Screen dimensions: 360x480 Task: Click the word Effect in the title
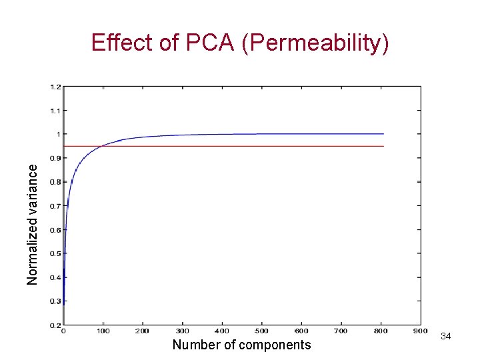pos(115,43)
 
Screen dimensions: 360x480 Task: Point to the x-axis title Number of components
pos(241,345)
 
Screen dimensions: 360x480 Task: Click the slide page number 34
pos(446,336)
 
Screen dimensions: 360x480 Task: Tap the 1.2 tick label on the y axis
pos(55,87)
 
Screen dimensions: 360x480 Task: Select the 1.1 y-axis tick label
pos(55,111)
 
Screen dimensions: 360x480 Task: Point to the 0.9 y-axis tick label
pos(55,158)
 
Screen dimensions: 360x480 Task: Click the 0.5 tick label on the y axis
pos(55,253)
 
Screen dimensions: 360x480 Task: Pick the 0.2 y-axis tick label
pos(55,325)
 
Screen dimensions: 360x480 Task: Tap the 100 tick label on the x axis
pos(103,331)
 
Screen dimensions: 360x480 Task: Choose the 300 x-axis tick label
pos(183,331)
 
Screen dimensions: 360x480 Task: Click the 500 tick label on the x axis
pos(262,331)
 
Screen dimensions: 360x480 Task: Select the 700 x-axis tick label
pos(341,331)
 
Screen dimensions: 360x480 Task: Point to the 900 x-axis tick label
pos(420,331)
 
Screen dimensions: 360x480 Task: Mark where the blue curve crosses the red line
pos(100,146)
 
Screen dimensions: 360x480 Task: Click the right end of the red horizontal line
pos(383,146)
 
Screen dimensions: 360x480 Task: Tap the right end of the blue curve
pos(383,134)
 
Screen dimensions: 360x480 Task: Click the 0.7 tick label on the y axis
pos(55,206)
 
